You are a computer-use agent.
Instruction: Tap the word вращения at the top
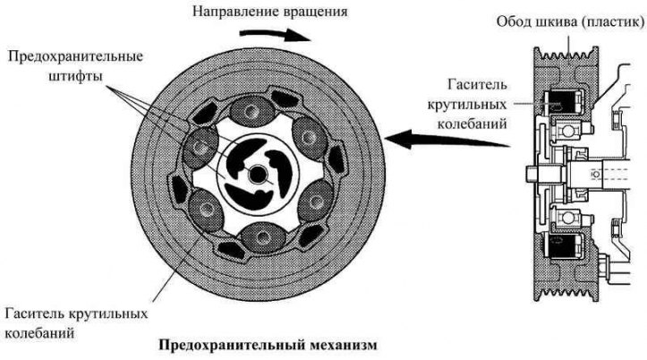pyautogui.click(x=316, y=12)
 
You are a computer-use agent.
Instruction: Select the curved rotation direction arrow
pyautogui.click(x=276, y=35)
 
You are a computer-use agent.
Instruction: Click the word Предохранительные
pyautogui.click(x=75, y=56)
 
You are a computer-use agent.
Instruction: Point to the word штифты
pyautogui.click(x=75, y=77)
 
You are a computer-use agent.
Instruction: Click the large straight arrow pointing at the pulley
pyautogui.click(x=447, y=140)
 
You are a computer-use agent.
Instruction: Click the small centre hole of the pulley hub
pyautogui.click(x=257, y=175)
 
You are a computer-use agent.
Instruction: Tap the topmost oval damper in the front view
pyautogui.click(x=251, y=111)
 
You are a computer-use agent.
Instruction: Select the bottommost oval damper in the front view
pyautogui.click(x=264, y=237)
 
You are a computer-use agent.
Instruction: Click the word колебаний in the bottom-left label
pyautogui.click(x=39, y=333)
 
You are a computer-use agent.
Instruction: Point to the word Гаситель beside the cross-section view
pyautogui.click(x=477, y=85)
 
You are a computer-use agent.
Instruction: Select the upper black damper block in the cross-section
pyautogui.click(x=562, y=101)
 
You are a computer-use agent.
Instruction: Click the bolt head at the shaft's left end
pyautogui.click(x=532, y=174)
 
